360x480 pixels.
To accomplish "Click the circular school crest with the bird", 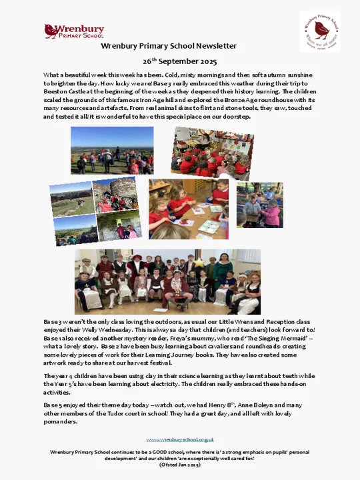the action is pos(319,31).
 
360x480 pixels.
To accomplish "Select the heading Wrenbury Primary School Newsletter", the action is pos(169,46).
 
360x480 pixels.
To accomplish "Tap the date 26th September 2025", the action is pos(180,61).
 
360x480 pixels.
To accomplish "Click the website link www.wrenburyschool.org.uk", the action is pos(180,439).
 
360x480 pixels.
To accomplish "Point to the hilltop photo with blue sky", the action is pos(112,150).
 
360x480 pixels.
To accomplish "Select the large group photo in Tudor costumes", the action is pos(167,281).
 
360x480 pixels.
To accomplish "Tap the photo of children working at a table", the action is pos(189,209).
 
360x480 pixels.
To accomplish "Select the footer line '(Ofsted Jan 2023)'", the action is pos(180,464).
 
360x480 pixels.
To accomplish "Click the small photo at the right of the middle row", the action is pos(259,205).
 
